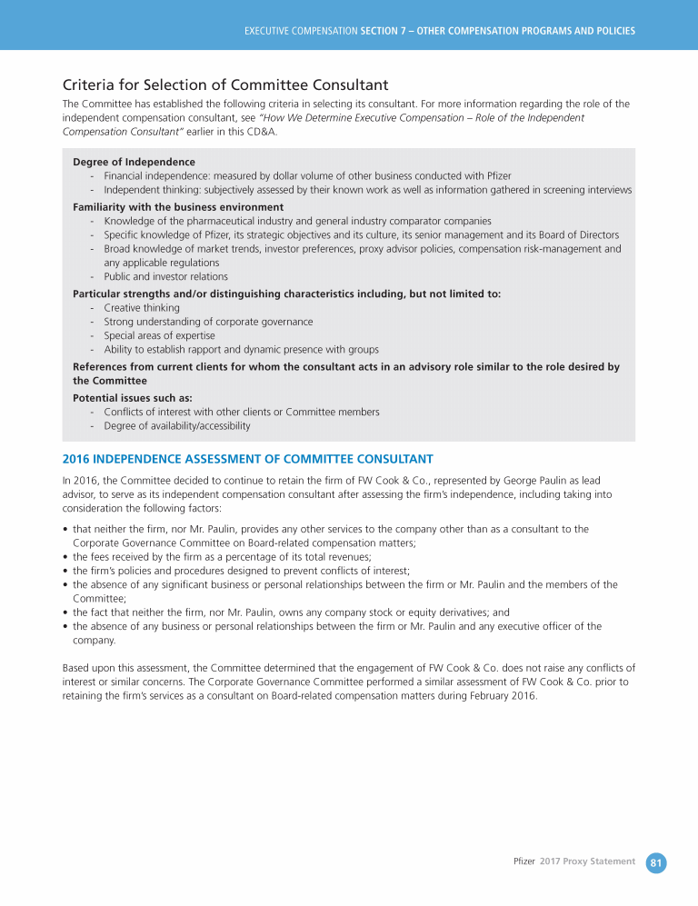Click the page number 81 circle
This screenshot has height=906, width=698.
pos(656,862)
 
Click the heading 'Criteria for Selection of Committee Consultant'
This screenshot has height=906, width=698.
pos(225,85)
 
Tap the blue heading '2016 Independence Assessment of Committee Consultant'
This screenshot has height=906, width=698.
pos(247,458)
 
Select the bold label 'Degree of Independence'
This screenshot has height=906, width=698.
pos(134,162)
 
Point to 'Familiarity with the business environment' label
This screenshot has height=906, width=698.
pos(178,207)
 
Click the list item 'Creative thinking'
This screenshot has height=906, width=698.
pos(142,308)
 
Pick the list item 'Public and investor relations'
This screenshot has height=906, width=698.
pos(165,276)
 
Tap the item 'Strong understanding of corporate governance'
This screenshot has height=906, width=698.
pos(208,322)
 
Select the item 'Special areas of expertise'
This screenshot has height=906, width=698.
pos(159,335)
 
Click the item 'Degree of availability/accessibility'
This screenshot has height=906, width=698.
pos(177,425)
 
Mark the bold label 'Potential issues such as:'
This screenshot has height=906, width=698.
pos(133,398)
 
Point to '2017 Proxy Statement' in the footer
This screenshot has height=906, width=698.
pos(587,861)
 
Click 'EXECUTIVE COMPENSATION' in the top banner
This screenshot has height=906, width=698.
pos(301,31)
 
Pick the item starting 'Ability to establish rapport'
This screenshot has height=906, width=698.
pos(241,349)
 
